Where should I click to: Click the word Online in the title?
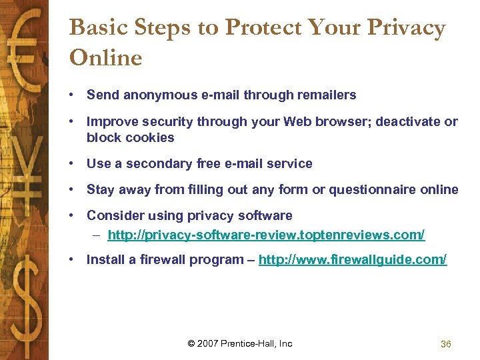click(105, 58)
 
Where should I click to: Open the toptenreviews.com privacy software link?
click(266, 235)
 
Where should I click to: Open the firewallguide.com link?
click(353, 259)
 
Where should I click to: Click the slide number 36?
click(446, 344)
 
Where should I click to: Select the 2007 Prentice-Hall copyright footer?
click(240, 343)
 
